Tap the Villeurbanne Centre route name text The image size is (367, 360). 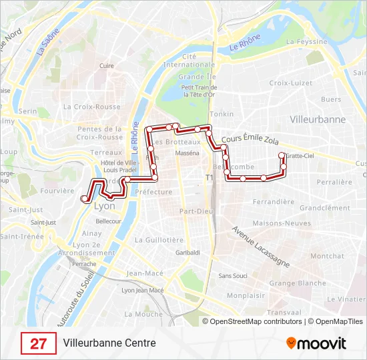(109, 343)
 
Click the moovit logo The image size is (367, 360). (316, 343)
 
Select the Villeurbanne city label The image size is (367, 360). (318, 119)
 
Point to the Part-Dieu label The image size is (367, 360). (196, 211)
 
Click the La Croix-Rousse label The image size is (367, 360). (91, 106)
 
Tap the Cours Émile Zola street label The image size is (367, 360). (249, 138)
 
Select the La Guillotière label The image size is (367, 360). (159, 239)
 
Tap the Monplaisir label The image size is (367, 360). (246, 295)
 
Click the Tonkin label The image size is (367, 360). (222, 114)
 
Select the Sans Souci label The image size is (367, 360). (233, 275)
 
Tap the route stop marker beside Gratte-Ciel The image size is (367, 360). (284, 155)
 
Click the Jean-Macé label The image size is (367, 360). (145, 273)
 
